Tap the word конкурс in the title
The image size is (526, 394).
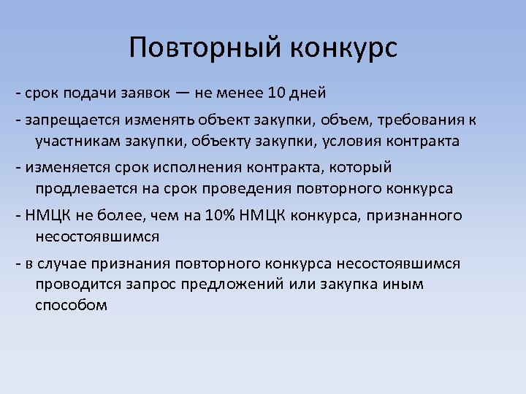click(x=343, y=48)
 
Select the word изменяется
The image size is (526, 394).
click(x=65, y=167)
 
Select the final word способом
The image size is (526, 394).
click(x=71, y=305)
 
